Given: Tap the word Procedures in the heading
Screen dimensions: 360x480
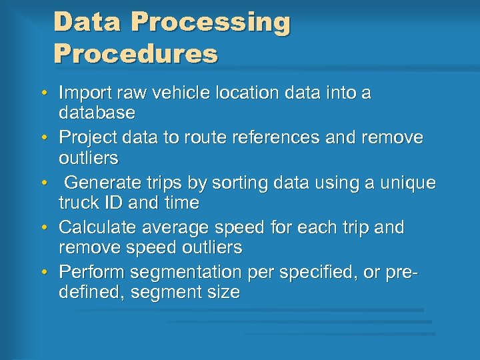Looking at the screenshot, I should [x=135, y=54].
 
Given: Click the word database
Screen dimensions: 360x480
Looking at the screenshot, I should [x=97, y=113].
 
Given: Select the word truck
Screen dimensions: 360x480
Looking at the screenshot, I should [x=80, y=202].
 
